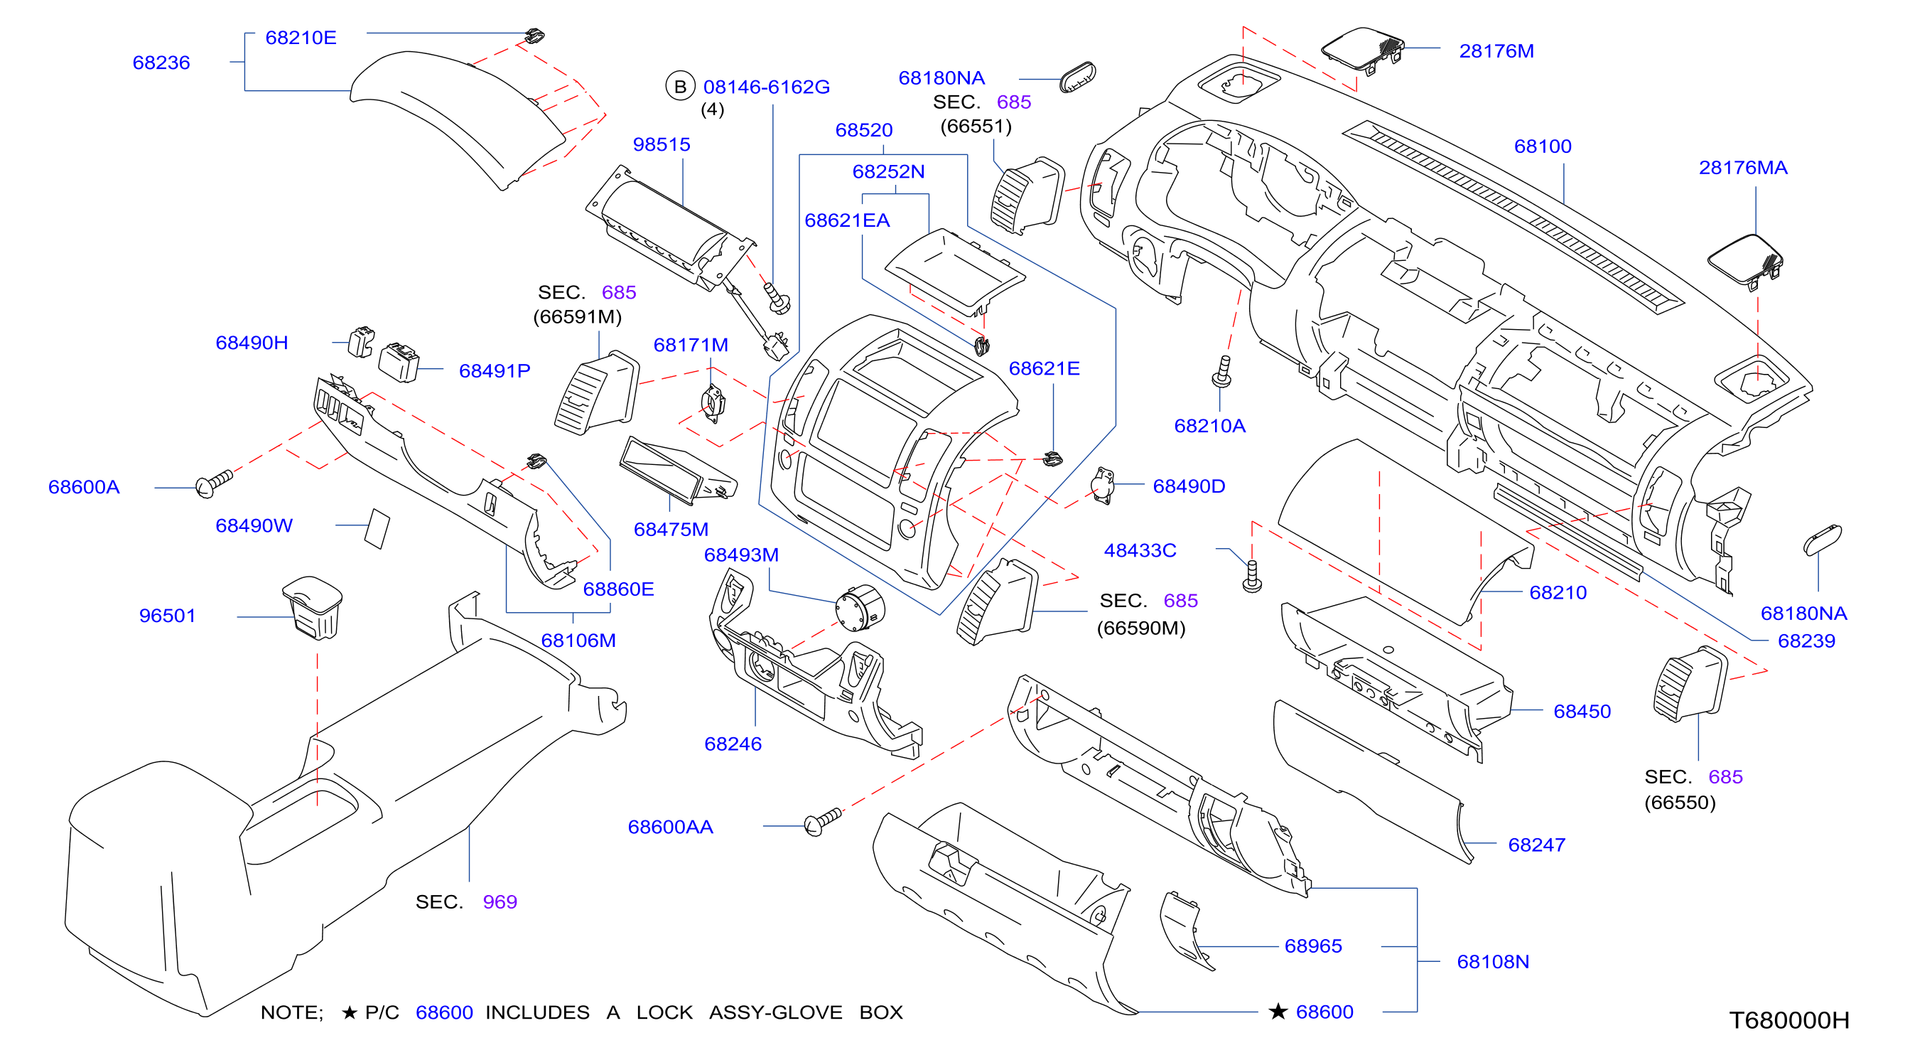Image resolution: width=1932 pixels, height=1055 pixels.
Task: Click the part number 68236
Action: point(161,63)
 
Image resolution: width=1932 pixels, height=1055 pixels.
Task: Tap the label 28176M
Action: point(1496,51)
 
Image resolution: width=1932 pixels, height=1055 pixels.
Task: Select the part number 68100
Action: point(1543,146)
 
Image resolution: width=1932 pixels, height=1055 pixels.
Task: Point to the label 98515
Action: point(662,144)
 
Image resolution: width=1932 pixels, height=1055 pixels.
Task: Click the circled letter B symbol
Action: point(680,86)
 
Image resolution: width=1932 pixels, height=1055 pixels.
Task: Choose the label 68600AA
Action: point(671,827)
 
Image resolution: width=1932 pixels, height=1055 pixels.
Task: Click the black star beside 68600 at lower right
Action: point(1278,1012)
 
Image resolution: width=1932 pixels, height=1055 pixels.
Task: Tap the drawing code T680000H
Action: point(1789,1020)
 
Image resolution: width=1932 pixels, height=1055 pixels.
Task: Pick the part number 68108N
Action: point(1492,962)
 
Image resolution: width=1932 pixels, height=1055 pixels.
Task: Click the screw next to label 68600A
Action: point(214,483)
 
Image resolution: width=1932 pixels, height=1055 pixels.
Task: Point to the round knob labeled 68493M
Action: point(860,608)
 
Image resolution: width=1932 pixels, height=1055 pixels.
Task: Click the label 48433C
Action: point(1140,551)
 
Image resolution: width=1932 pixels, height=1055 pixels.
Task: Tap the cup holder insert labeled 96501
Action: point(313,608)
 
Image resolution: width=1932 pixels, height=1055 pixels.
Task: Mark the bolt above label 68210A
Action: point(1222,371)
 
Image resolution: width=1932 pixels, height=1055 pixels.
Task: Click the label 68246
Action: point(733,744)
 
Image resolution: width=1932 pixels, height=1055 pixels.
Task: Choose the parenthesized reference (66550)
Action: point(1680,803)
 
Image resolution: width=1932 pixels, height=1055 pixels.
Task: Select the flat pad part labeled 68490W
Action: point(377,529)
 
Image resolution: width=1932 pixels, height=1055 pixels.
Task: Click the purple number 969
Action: point(500,902)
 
